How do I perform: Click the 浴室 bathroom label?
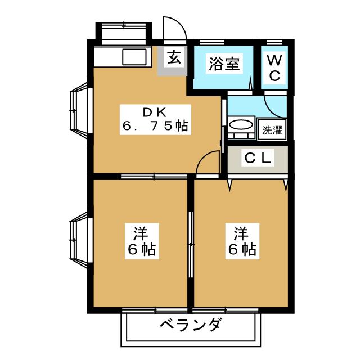[x=223, y=64]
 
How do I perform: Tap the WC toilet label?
[x=274, y=68]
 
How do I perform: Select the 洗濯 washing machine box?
[x=271, y=130]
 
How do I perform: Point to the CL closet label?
[x=258, y=159]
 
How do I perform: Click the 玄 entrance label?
[x=174, y=57]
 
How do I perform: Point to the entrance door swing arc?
[x=172, y=28]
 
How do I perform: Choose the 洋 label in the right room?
[x=241, y=231]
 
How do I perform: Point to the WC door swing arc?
[x=274, y=106]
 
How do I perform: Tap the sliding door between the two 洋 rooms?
[x=191, y=242]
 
